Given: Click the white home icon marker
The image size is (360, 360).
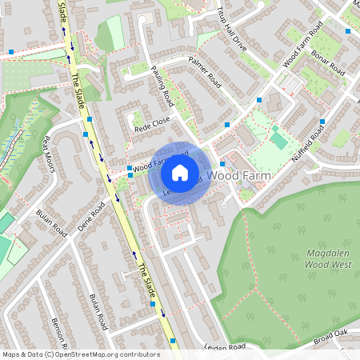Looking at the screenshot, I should (x=180, y=172).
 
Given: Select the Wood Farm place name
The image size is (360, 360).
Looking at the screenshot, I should (x=235, y=173).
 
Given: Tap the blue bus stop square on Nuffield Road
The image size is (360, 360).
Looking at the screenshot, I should (x=322, y=122).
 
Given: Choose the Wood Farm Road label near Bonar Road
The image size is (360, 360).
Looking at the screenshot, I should (x=302, y=48).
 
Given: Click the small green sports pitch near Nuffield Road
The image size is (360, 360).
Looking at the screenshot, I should (x=278, y=140).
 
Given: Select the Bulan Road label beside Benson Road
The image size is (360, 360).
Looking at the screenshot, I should (x=98, y=312).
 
